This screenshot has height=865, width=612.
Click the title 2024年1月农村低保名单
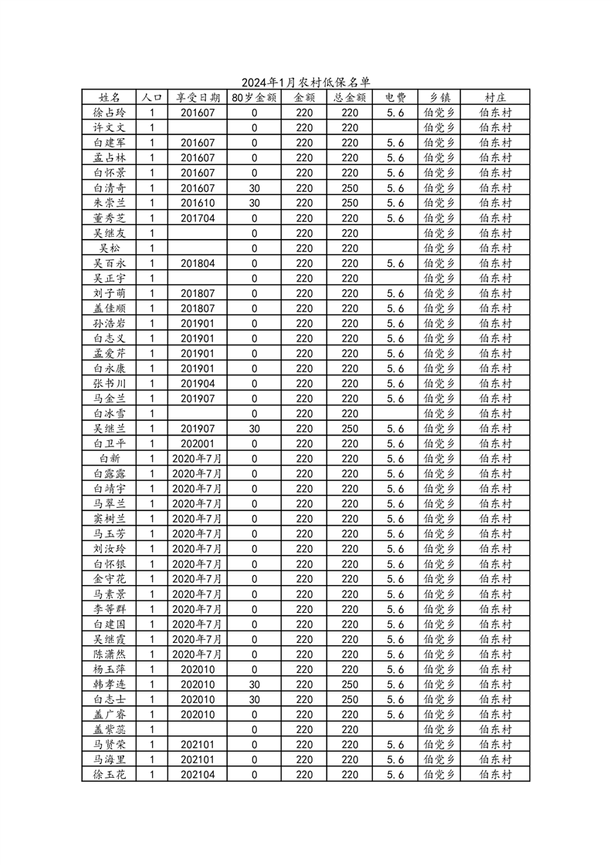pos(306,82)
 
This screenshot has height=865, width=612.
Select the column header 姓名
pos(110,98)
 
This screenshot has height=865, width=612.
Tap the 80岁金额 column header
pos(254,98)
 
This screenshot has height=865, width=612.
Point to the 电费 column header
pos(395,98)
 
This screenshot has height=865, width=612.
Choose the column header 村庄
pos(495,98)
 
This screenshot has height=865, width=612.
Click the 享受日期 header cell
pos(198,98)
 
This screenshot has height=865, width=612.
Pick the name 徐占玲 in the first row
pos(110,113)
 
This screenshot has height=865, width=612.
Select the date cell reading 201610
pos(198,203)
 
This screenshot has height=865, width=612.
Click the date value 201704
pos(198,218)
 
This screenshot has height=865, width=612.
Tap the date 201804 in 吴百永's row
pos(198,263)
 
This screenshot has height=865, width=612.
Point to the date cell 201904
pos(198,384)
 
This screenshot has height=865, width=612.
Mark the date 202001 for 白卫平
pos(198,444)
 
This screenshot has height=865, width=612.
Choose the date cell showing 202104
pos(198,775)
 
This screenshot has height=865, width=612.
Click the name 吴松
pos(110,248)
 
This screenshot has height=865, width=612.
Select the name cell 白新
pos(110,459)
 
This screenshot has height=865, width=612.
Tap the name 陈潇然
pos(110,655)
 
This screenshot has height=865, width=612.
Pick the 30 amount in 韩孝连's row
pos(254,685)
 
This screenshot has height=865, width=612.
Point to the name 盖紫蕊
pos(110,729)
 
